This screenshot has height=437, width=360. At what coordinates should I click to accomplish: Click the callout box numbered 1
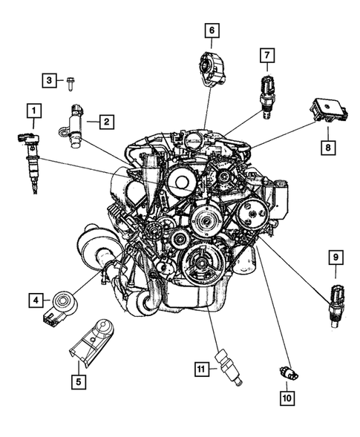click(32, 112)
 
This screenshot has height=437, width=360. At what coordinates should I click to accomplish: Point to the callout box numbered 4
click(35, 300)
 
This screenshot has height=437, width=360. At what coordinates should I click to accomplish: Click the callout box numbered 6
click(211, 30)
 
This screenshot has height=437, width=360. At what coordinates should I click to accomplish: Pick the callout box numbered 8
click(325, 147)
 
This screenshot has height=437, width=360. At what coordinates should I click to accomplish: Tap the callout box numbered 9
click(336, 257)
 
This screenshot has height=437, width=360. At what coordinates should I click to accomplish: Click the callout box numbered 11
click(200, 369)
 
